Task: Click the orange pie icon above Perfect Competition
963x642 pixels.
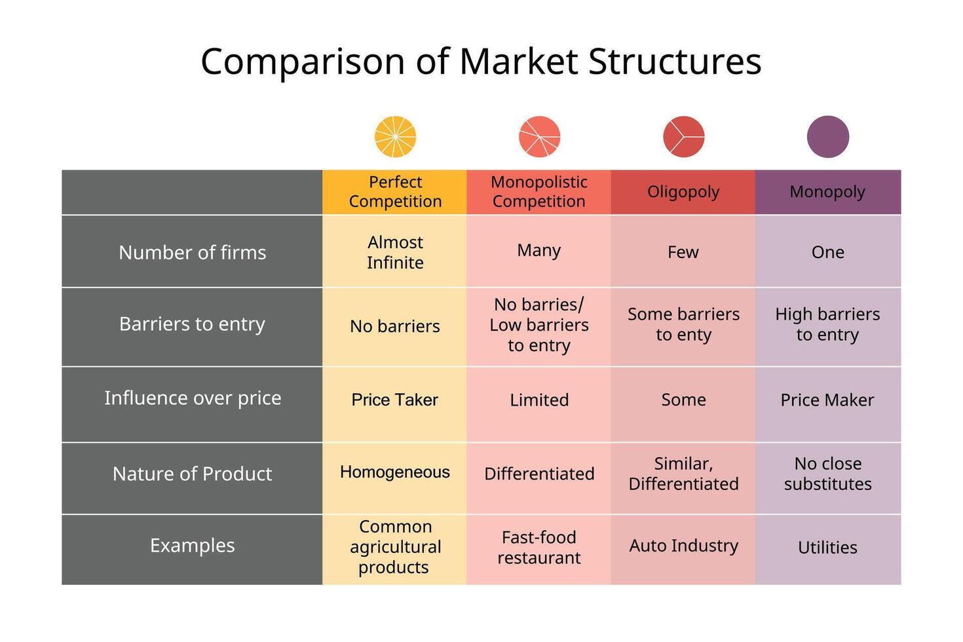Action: coord(395,137)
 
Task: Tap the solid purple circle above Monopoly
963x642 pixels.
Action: coord(827,137)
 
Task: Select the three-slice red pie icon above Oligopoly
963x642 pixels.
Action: coord(683,137)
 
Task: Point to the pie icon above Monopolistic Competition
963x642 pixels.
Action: coord(539,137)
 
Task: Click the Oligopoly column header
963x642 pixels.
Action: coord(683,192)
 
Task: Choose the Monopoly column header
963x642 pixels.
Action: coord(827,192)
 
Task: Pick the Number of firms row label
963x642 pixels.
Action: coord(193,252)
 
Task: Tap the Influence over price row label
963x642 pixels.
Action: coord(193,398)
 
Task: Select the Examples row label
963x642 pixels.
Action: coord(193,546)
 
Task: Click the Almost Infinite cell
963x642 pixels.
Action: coord(395,252)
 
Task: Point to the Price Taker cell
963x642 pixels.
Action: coord(394,400)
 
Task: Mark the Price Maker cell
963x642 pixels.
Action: coord(827,400)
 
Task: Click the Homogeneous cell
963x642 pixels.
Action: coord(394,472)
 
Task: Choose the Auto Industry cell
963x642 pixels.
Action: coord(683,546)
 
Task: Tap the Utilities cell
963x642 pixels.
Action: coord(827,548)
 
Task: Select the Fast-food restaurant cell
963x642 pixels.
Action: coord(539,548)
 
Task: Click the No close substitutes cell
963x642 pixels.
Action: coord(827,474)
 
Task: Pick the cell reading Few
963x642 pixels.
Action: coord(683,252)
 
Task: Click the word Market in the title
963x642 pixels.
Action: coord(518,62)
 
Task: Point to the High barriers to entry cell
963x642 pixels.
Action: coord(827,324)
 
